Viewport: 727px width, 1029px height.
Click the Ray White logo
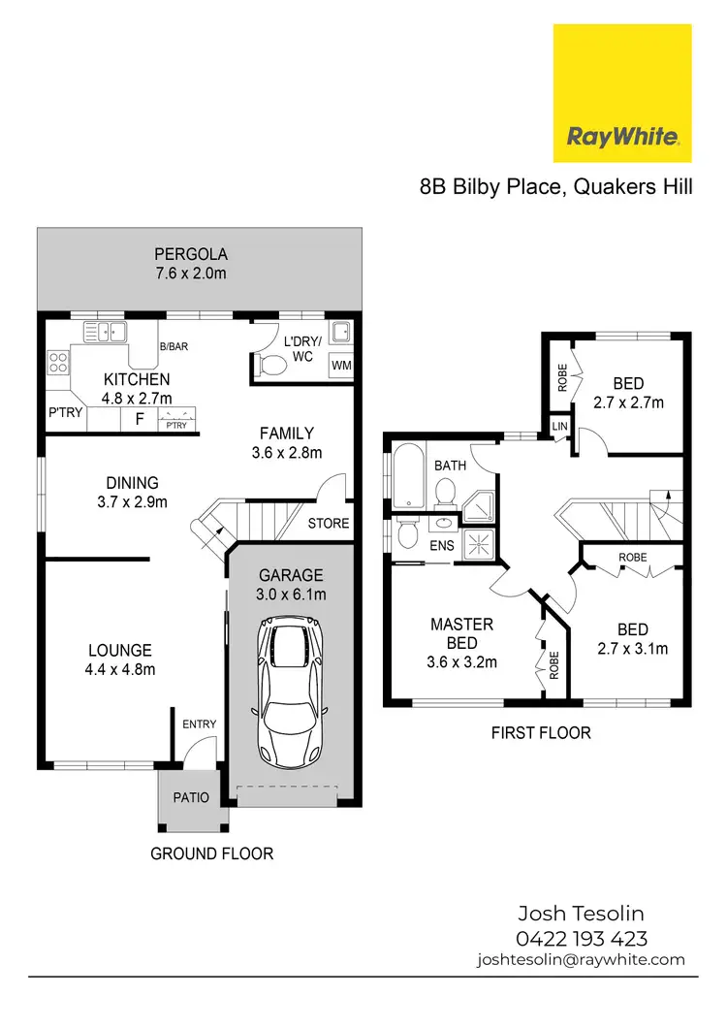(621, 93)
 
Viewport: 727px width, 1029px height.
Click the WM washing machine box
(341, 366)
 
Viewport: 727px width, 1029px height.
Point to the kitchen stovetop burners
(58, 364)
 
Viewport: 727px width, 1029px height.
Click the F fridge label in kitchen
(139, 419)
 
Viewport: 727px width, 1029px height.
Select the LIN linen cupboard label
(559, 427)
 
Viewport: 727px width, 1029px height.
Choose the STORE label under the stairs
(328, 524)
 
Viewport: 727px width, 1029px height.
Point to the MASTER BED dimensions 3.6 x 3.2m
(462, 662)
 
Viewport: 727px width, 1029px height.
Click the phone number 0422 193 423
(581, 938)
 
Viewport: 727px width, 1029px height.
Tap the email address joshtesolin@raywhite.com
(581, 959)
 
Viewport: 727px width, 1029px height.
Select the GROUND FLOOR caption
(211, 853)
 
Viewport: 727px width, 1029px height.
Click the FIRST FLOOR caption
(540, 732)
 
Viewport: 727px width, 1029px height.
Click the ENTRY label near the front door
(199, 724)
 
